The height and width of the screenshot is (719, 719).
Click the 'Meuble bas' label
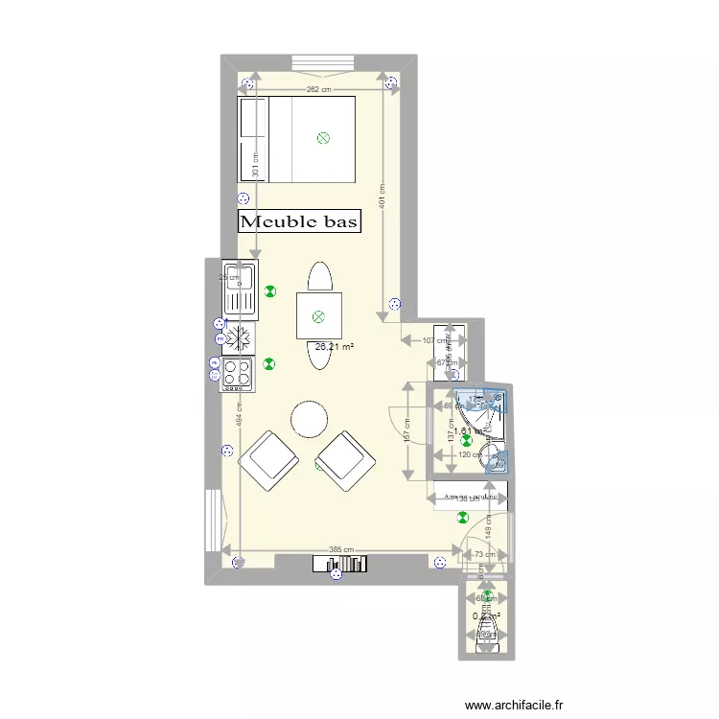(x=299, y=222)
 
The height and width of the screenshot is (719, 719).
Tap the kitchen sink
(x=239, y=289)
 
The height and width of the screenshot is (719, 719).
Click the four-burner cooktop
(x=238, y=373)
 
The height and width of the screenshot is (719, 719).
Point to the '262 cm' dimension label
(x=319, y=90)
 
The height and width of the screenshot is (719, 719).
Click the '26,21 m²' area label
(x=334, y=346)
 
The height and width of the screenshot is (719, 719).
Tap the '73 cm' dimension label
(x=484, y=554)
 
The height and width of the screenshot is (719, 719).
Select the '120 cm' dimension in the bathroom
(x=470, y=454)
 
